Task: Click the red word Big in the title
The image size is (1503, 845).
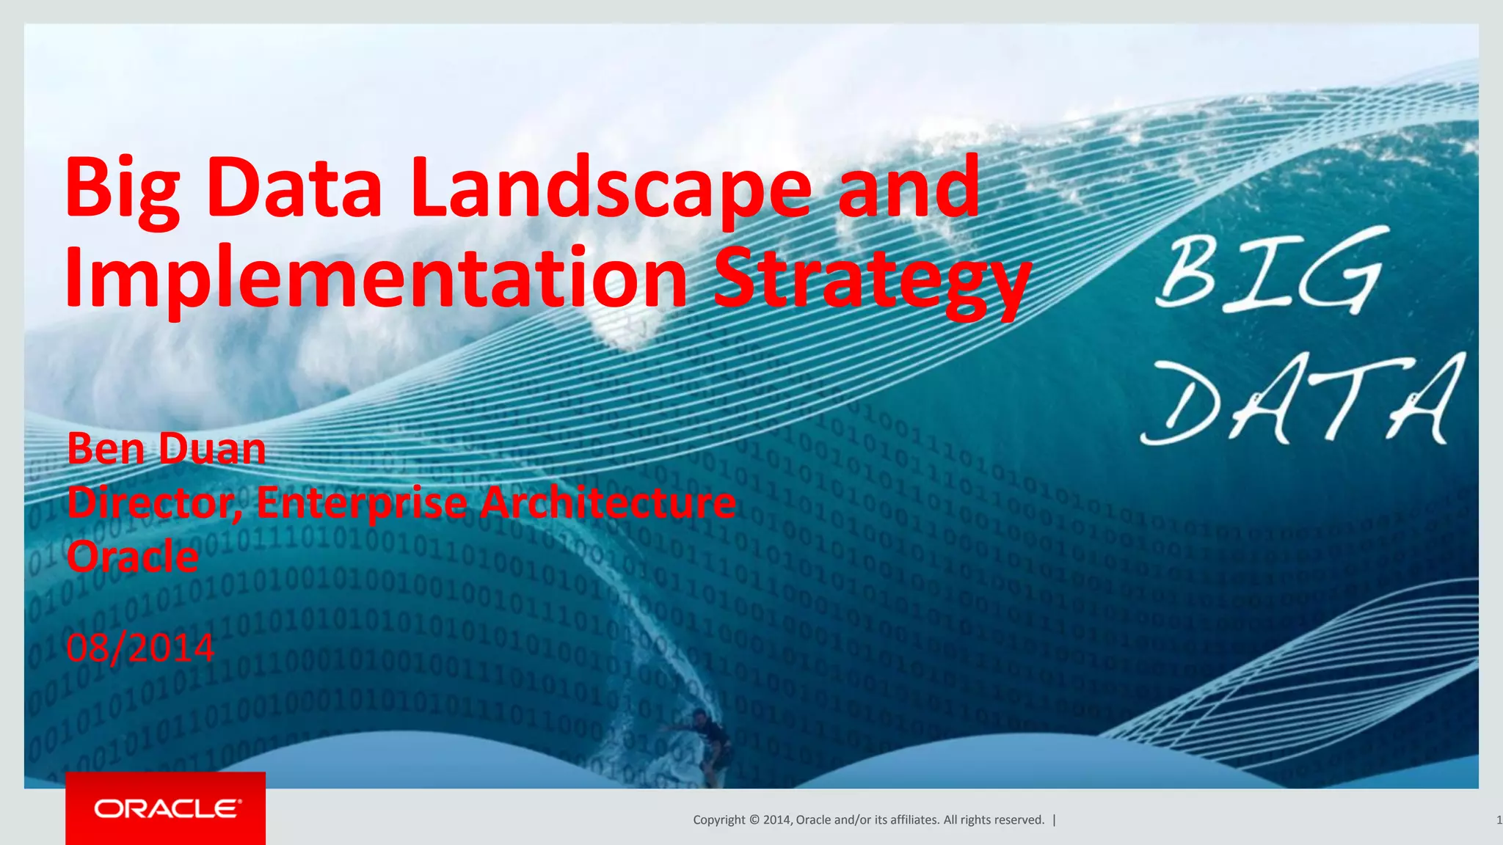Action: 123,189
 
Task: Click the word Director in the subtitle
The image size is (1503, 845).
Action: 154,503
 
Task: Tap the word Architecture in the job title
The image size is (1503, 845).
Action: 608,503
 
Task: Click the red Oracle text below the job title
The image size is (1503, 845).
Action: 133,557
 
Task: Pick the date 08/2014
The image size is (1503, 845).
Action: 140,648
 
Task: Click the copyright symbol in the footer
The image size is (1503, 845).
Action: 754,820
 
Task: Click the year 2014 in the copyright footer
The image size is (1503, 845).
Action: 776,820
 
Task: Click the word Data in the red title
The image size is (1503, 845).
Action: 294,189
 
